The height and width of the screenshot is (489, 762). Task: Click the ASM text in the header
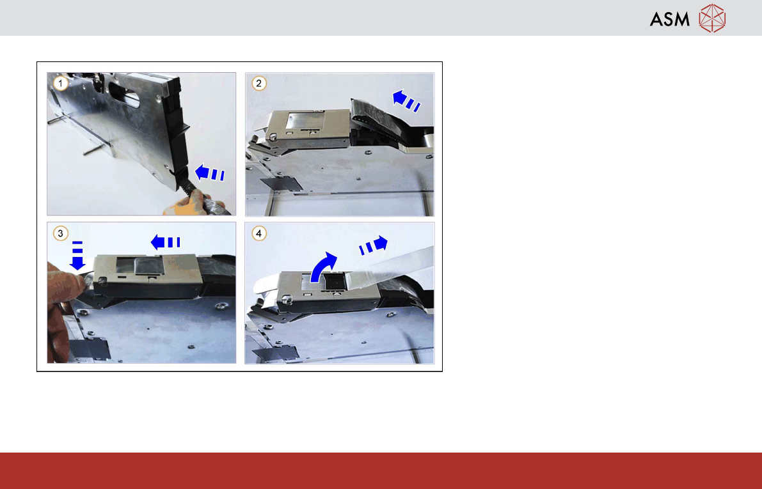(x=669, y=19)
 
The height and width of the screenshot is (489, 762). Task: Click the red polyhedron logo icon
(x=712, y=19)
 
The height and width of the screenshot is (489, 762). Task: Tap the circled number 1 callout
(x=60, y=84)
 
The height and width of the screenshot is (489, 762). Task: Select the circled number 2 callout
(x=258, y=84)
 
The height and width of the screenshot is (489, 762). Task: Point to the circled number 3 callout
(x=60, y=233)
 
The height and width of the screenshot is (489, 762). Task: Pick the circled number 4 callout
(x=258, y=233)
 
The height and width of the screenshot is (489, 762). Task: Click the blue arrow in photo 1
(x=209, y=173)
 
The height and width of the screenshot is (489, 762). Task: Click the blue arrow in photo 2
(x=406, y=100)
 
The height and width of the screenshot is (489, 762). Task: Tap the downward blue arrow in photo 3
(x=77, y=256)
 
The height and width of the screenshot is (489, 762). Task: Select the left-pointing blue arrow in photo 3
(x=165, y=242)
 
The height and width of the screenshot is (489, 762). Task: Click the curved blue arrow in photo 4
(x=322, y=268)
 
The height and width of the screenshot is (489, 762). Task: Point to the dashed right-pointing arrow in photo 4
(x=373, y=245)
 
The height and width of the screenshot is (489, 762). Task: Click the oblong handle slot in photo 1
(x=124, y=94)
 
